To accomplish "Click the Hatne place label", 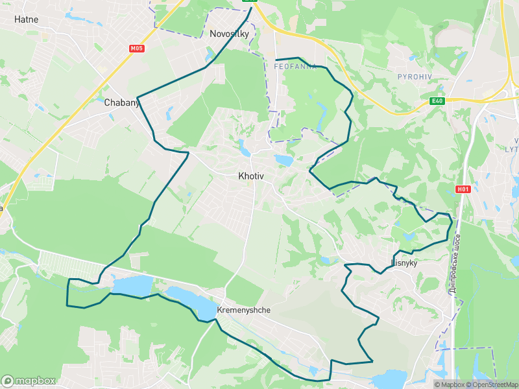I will [26, 19].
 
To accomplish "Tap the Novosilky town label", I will [229, 34].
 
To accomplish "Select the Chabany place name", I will [119, 102].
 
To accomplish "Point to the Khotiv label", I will [250, 176].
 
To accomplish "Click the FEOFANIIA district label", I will [296, 67].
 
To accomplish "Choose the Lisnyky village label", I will [404, 263].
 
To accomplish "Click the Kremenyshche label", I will [243, 310].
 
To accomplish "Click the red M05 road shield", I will [136, 49].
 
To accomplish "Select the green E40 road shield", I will [437, 100].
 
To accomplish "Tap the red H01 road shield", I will [462, 189].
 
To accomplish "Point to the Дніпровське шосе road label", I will [456, 263].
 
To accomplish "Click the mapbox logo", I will [28, 381].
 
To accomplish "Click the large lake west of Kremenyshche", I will [132, 285].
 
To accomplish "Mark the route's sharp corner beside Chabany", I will [138, 98].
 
